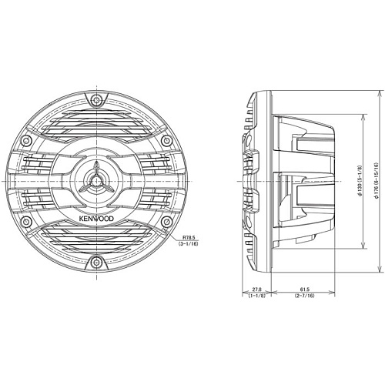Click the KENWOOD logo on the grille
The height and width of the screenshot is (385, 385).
96,219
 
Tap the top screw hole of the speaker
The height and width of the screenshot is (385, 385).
96,100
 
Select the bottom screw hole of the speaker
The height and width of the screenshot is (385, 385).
96,263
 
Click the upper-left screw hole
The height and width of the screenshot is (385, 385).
25,140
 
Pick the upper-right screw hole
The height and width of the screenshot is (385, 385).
166,140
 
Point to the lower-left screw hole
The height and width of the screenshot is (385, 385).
25,222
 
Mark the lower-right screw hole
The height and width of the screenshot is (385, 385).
166,222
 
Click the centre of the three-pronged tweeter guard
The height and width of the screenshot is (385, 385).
96,181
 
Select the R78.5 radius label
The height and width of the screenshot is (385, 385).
189,238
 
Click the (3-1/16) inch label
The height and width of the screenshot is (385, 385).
189,244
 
